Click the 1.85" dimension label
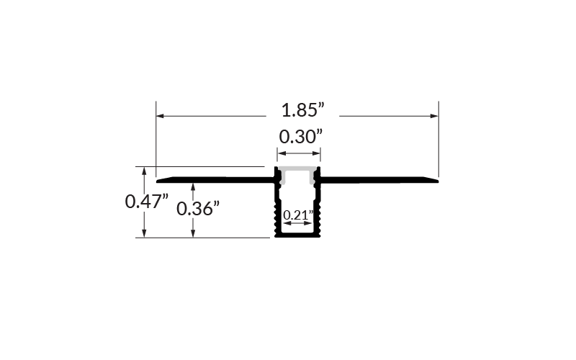(302, 110)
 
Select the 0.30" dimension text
(300, 137)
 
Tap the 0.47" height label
(147, 202)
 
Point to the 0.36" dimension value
(198, 209)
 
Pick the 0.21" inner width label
(298, 215)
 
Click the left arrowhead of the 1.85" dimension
(160, 116)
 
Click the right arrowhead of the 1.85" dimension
(434, 116)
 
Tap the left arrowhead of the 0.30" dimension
(281, 153)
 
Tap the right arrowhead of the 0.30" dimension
(316, 153)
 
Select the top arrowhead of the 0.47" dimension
(145, 171)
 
